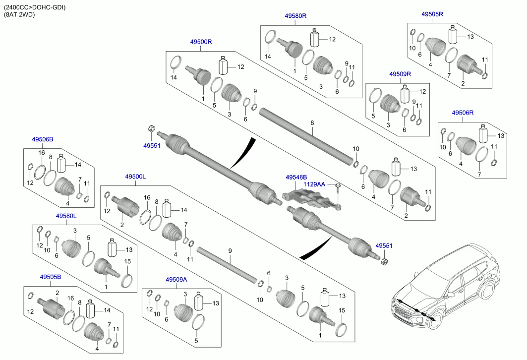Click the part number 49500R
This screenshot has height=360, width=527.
click(x=201, y=42)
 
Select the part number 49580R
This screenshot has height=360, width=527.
click(x=295, y=16)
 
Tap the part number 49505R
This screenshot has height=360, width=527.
click(x=432, y=14)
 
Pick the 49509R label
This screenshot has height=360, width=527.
click(x=400, y=74)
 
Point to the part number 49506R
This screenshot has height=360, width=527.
click(x=463, y=113)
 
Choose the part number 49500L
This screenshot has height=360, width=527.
click(x=135, y=177)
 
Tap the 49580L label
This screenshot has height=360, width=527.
click(x=65, y=216)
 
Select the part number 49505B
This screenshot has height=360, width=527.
click(x=51, y=277)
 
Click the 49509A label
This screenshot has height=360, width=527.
click(x=176, y=279)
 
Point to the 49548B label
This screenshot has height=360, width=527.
click(x=296, y=177)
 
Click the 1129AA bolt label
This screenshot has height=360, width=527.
click(x=314, y=184)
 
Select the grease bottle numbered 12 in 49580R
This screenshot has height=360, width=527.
click(x=315, y=39)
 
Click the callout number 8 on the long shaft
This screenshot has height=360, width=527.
click(x=312, y=122)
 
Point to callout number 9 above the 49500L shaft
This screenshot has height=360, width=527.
click(x=230, y=251)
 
